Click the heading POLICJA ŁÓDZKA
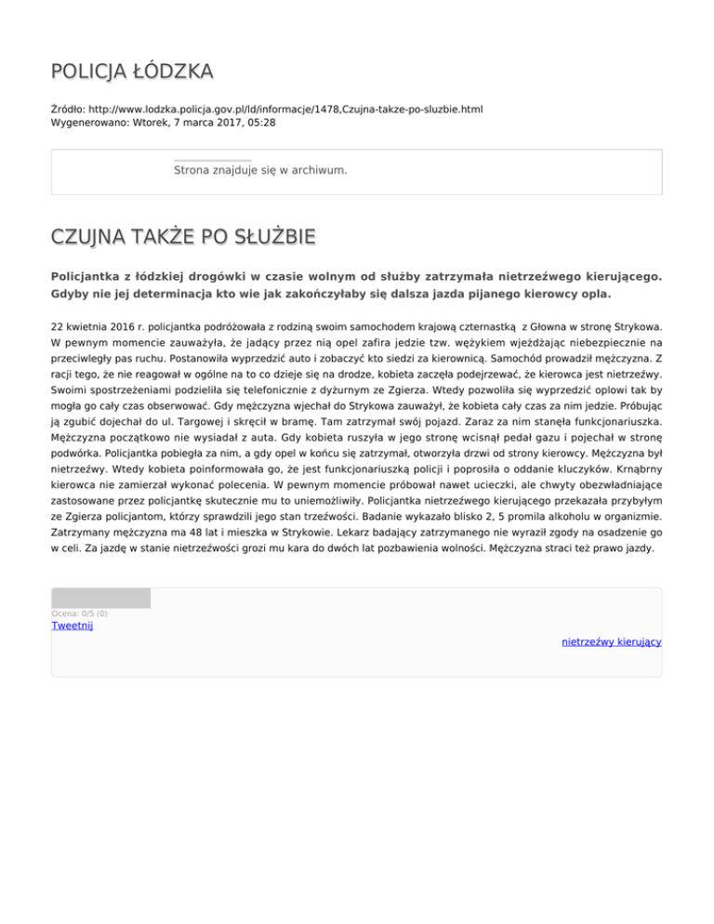click(x=132, y=72)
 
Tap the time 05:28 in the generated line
click(x=261, y=122)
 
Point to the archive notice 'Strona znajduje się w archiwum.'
click(x=260, y=171)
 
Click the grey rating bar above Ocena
click(x=100, y=598)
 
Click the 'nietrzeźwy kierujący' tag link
click(x=611, y=641)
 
